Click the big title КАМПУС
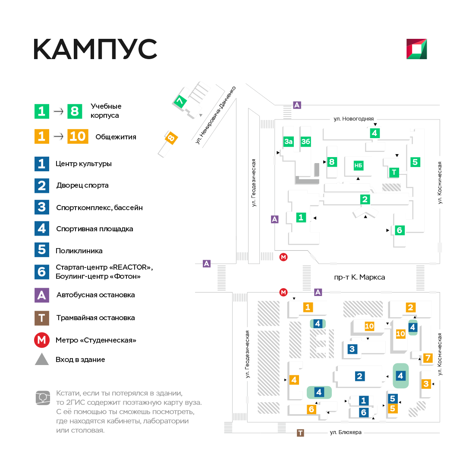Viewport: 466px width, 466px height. [95, 49]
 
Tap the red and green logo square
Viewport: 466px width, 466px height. [417, 49]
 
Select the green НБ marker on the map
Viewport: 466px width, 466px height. [358, 166]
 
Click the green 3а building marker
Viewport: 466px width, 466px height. [288, 142]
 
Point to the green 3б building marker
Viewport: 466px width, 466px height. [305, 142]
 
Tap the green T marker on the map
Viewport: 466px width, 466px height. [394, 172]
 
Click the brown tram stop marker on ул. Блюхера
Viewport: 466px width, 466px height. [300, 433]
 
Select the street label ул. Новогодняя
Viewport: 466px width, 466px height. [354, 119]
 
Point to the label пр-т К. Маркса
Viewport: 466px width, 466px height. [359, 277]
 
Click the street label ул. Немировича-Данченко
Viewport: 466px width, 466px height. [215, 115]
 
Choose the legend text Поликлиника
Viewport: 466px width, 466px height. [79, 251]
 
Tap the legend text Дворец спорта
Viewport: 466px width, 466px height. [82, 186]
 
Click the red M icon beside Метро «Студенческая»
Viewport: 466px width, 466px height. [41, 340]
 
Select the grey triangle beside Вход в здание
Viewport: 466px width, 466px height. [42, 359]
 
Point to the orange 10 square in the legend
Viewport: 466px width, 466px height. [78, 136]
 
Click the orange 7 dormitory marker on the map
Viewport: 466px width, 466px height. [428, 358]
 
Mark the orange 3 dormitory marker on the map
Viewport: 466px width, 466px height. [426, 384]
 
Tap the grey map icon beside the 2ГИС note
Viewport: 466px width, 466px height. [43, 398]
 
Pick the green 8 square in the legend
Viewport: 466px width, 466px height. [75, 111]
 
